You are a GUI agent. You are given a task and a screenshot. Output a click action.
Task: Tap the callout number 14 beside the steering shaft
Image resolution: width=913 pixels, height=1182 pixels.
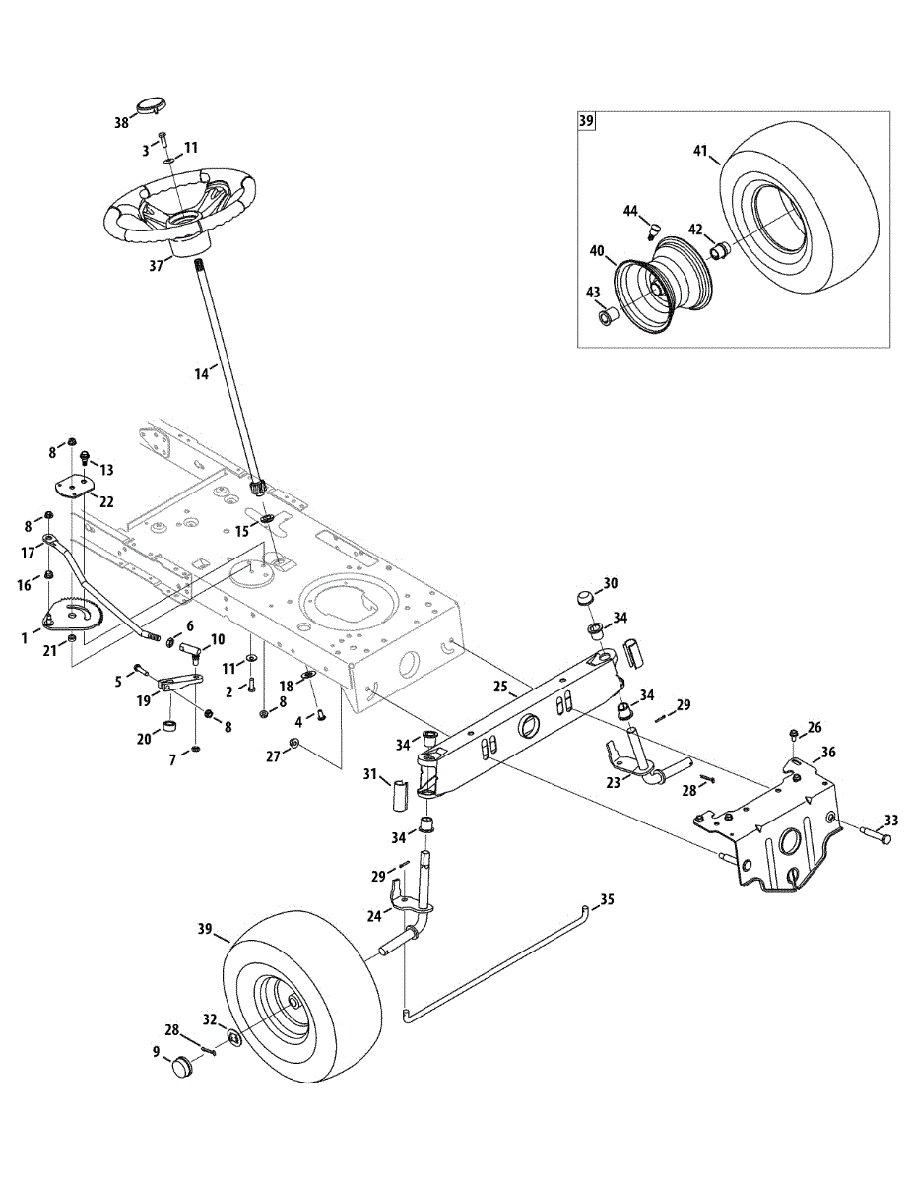201,374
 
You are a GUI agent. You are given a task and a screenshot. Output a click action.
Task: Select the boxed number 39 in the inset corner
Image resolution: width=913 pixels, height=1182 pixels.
586,120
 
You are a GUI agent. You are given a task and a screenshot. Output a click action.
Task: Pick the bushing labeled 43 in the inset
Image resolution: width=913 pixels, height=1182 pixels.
607,316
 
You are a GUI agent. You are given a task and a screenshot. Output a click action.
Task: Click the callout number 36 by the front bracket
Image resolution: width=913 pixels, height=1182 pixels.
828,752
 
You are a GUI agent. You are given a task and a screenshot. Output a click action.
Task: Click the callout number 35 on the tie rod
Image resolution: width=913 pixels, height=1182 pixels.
607,899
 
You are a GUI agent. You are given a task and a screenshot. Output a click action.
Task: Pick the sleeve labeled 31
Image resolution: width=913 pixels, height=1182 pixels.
400,796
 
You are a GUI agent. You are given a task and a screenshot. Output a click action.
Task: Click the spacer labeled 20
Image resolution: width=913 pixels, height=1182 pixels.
171,727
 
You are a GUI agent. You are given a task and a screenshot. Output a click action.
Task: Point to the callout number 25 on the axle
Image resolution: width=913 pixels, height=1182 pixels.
500,687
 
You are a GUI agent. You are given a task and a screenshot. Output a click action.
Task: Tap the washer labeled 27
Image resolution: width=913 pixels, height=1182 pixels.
294,742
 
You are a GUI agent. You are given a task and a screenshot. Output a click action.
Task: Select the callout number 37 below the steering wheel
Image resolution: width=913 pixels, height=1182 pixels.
156,266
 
